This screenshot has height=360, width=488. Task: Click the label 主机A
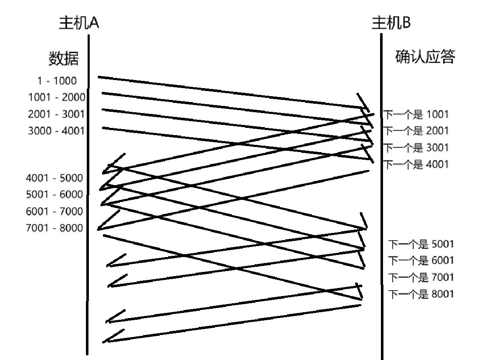[x=79, y=23]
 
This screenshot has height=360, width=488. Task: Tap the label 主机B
[x=391, y=23]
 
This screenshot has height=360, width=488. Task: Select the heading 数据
[x=63, y=58]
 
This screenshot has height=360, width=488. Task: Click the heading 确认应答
[x=425, y=57]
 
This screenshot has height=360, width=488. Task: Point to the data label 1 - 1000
[x=56, y=81]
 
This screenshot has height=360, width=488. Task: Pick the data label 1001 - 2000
[x=56, y=97]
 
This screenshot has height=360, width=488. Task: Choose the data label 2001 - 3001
[x=56, y=114]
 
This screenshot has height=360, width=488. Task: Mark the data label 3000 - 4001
[x=56, y=130]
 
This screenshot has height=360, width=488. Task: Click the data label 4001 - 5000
[x=54, y=178]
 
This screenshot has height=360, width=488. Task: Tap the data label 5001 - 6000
[x=54, y=194]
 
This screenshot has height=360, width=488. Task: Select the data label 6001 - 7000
[x=54, y=211]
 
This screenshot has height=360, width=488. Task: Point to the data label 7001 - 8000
[x=54, y=228]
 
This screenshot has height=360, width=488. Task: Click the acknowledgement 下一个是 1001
[x=416, y=114]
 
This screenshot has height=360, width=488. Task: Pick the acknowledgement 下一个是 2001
[x=416, y=130]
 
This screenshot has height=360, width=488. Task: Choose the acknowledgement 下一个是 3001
[x=416, y=147]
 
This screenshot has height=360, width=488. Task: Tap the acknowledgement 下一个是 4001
[x=416, y=164]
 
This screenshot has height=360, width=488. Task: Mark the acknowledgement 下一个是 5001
[x=421, y=244]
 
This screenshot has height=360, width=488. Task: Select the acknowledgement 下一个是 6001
[x=421, y=260]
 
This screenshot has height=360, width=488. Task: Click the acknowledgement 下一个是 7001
[x=421, y=277]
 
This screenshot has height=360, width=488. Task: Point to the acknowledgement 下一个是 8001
[x=421, y=294]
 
